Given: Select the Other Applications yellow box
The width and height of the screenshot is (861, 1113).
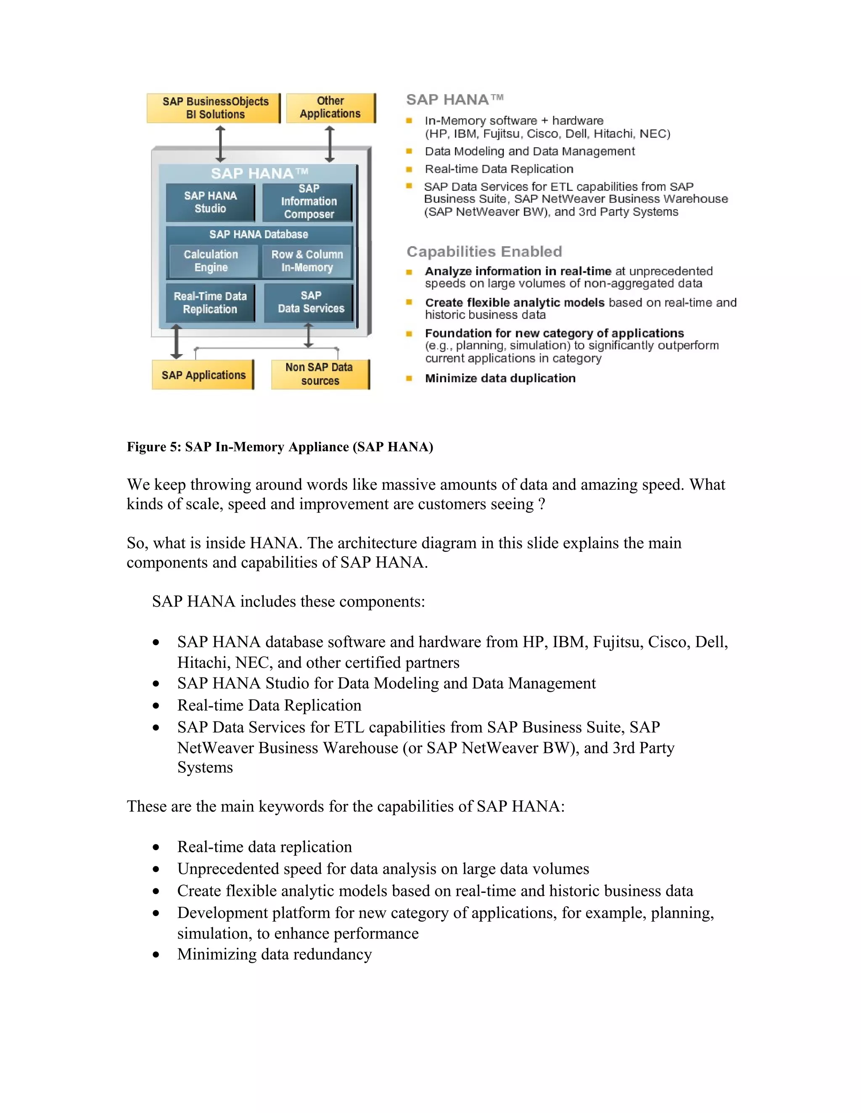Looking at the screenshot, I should pyautogui.click(x=330, y=108).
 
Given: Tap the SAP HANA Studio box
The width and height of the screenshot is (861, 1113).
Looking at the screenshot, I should pyautogui.click(x=210, y=202).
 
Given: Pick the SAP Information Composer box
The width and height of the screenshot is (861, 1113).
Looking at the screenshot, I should pyautogui.click(x=308, y=202).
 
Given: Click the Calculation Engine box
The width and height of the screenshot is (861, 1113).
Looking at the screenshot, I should pyautogui.click(x=211, y=261).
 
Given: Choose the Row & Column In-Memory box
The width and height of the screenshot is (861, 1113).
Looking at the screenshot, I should pyautogui.click(x=307, y=261).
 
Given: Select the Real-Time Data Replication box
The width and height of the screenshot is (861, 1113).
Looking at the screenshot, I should pyautogui.click(x=210, y=303).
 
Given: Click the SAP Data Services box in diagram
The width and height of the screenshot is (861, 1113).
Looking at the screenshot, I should pyautogui.click(x=310, y=302).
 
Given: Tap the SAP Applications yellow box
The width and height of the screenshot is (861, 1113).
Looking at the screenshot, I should pyautogui.click(x=203, y=375).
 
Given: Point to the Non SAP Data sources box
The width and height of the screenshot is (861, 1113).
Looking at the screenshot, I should pyautogui.click(x=320, y=374).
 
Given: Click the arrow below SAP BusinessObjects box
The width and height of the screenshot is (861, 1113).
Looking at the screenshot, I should pyautogui.click(x=220, y=144).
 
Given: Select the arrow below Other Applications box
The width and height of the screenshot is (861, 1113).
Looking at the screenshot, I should pyautogui.click(x=330, y=144).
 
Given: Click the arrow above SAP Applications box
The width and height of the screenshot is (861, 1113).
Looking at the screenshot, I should pyautogui.click(x=176, y=341).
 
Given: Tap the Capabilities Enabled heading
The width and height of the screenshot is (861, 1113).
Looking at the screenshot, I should pyautogui.click(x=484, y=252).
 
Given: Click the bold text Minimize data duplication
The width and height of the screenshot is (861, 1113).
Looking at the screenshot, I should pyautogui.click(x=500, y=378).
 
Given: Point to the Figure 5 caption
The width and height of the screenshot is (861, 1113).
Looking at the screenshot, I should pyautogui.click(x=280, y=447).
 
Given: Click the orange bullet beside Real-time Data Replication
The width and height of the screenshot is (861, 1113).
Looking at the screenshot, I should pyautogui.click(x=409, y=169).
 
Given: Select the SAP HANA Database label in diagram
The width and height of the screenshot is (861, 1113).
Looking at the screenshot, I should pyautogui.click(x=259, y=234).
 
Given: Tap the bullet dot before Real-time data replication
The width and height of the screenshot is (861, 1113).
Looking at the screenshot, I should pyautogui.click(x=156, y=848).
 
